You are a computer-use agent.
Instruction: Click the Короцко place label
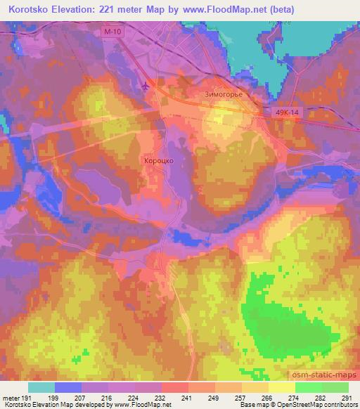[x=158, y=160]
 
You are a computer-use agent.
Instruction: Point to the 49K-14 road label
[x=286, y=112]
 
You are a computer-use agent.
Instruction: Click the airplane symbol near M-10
[x=146, y=86]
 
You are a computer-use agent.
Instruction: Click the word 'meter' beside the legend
[x=11, y=398]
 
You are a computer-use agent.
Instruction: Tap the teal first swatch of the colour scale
[x=41, y=387]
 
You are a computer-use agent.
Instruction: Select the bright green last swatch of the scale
[x=335, y=387]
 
